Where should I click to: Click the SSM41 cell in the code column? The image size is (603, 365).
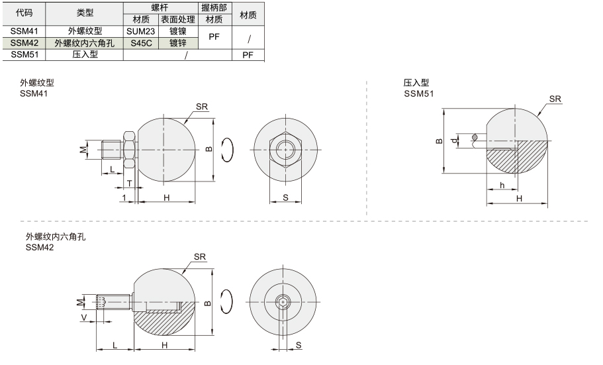24,31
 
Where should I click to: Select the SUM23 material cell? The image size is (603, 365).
141,31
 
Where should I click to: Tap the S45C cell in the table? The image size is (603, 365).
141,43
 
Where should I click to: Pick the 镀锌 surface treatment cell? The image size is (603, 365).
177,43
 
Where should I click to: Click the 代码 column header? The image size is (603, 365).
24,13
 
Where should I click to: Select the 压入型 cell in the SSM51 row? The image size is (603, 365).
85,55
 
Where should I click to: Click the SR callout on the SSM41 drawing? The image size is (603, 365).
201,107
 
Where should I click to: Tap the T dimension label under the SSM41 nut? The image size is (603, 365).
130,183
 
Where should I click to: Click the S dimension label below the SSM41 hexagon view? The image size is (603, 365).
285,197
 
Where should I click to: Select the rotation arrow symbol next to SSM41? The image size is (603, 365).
228,150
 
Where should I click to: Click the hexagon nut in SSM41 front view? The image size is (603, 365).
286,150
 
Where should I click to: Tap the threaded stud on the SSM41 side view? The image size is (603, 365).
113,150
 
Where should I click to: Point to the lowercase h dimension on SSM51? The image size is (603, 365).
502,185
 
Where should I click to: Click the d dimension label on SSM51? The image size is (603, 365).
455,140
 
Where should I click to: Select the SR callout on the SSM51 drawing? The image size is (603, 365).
555,99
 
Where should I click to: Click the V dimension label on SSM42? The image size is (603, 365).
84,317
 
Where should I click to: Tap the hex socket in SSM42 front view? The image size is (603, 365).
283,302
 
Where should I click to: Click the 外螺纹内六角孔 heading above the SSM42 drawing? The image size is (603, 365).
56,236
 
